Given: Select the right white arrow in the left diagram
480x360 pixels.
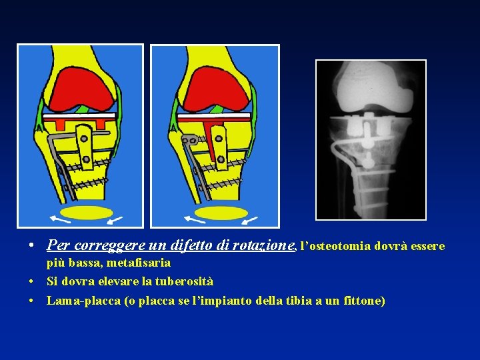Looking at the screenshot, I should tap(115, 219).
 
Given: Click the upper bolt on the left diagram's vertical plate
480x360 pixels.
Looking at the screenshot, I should tap(83, 139).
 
